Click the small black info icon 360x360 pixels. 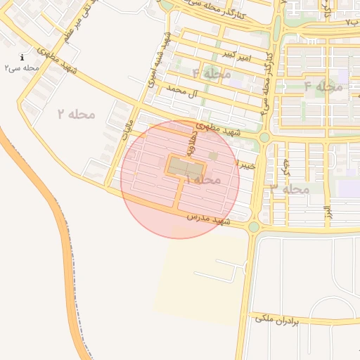pyautogui.click(x=22, y=57)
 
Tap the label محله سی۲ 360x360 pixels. pyautogui.click(x=21, y=68)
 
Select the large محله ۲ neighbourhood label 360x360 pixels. pyautogui.click(x=79, y=113)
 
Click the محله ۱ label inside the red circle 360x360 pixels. pyautogui.click(x=204, y=180)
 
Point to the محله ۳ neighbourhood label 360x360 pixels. pyautogui.click(x=290, y=189)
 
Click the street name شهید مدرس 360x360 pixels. pyautogui.click(x=209, y=221)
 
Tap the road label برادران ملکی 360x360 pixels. pyautogui.click(x=277, y=320)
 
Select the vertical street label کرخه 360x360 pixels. pyautogui.click(x=285, y=166)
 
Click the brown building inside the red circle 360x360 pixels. pyautogui.click(x=186, y=169)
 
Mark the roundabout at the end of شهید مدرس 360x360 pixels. pyautogui.click(x=254, y=227)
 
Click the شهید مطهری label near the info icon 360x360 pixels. pyautogui.click(x=60, y=63)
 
